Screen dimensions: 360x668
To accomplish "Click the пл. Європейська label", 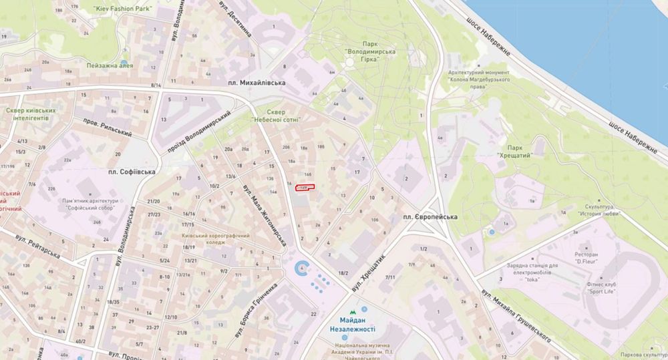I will (429, 218).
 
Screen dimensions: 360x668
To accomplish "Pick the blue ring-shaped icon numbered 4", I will (303, 270).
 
